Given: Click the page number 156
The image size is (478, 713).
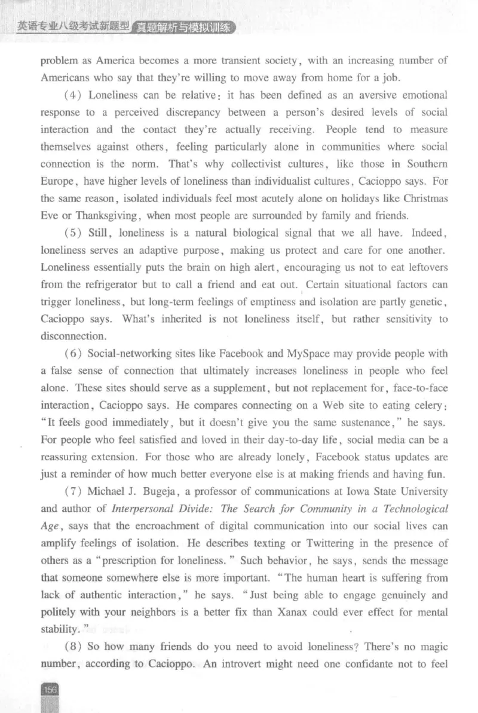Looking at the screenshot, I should [50, 690].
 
